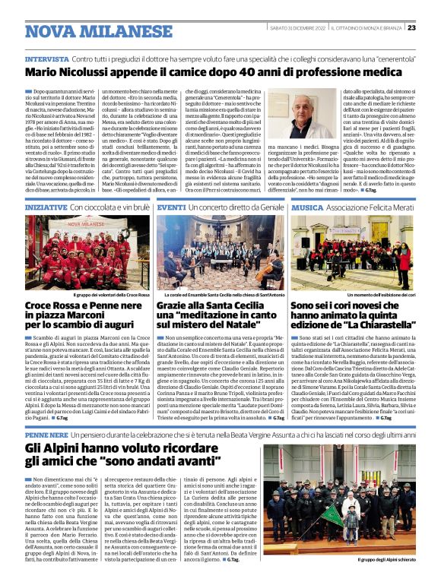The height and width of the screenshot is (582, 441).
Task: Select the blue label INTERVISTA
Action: point(47,59)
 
